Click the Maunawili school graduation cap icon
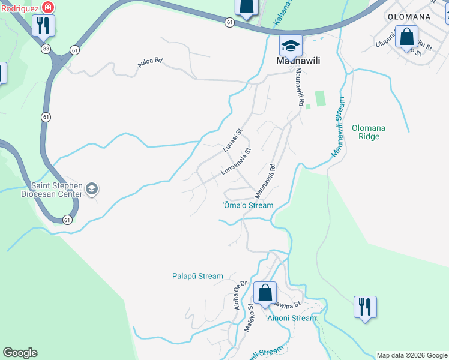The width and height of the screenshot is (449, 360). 291,46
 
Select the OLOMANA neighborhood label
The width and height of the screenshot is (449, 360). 409,17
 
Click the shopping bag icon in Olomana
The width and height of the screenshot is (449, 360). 407,37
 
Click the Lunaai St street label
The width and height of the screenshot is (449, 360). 232,140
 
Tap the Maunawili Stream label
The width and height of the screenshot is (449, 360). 339,127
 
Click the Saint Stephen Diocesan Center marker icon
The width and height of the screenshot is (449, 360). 92,190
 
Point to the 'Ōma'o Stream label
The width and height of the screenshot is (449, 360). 248,205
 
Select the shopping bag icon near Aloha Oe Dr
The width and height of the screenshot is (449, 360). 264,293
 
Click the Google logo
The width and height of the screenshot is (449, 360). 20,353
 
